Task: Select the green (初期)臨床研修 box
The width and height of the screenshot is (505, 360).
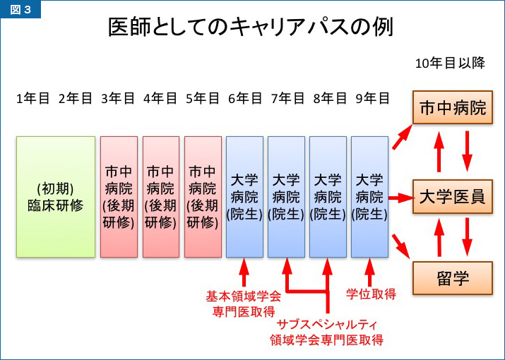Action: (x=56, y=196)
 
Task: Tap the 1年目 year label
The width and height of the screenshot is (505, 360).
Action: (x=32, y=99)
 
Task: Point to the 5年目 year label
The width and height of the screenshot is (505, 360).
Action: (x=202, y=99)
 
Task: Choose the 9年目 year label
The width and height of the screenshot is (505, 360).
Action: (x=372, y=99)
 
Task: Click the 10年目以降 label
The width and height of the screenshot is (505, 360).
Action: (x=450, y=64)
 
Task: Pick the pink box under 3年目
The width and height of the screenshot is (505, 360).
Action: (x=119, y=196)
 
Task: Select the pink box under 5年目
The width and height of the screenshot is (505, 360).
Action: (x=203, y=196)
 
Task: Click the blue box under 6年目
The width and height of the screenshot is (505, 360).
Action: (x=244, y=196)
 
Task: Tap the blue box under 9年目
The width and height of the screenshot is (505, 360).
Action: (x=369, y=196)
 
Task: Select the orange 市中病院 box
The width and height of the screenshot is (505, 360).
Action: (x=453, y=109)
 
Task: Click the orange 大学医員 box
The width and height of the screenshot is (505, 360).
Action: (x=453, y=197)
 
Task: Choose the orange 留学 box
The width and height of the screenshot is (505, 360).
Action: (x=453, y=277)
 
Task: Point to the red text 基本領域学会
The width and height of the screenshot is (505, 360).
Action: (x=244, y=296)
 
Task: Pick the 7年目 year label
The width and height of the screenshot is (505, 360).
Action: (x=287, y=99)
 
